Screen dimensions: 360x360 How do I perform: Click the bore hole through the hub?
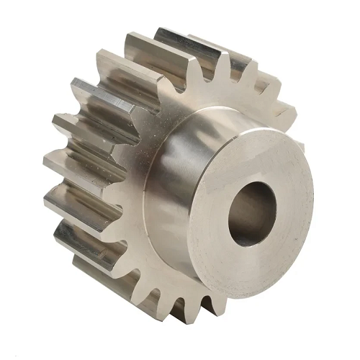pos(252,211)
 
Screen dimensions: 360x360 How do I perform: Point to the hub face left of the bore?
pos(209,209)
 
